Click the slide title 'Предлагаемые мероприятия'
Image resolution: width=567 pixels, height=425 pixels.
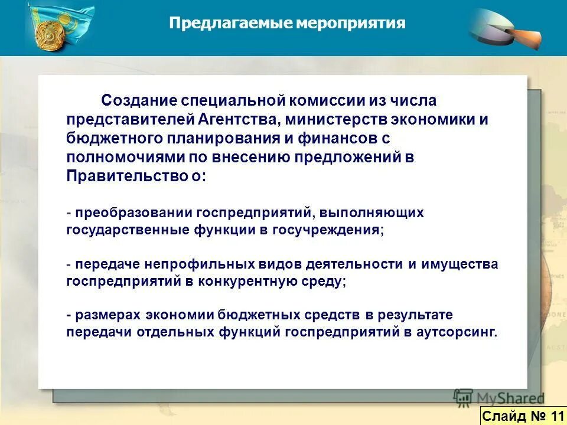click(287, 23)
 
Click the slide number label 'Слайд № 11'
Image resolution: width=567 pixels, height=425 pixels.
click(523, 416)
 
